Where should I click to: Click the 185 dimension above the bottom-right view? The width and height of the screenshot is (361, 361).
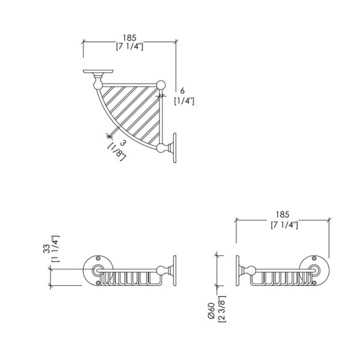[x=283, y=214]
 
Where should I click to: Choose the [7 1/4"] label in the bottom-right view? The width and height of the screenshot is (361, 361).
[x=283, y=224]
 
